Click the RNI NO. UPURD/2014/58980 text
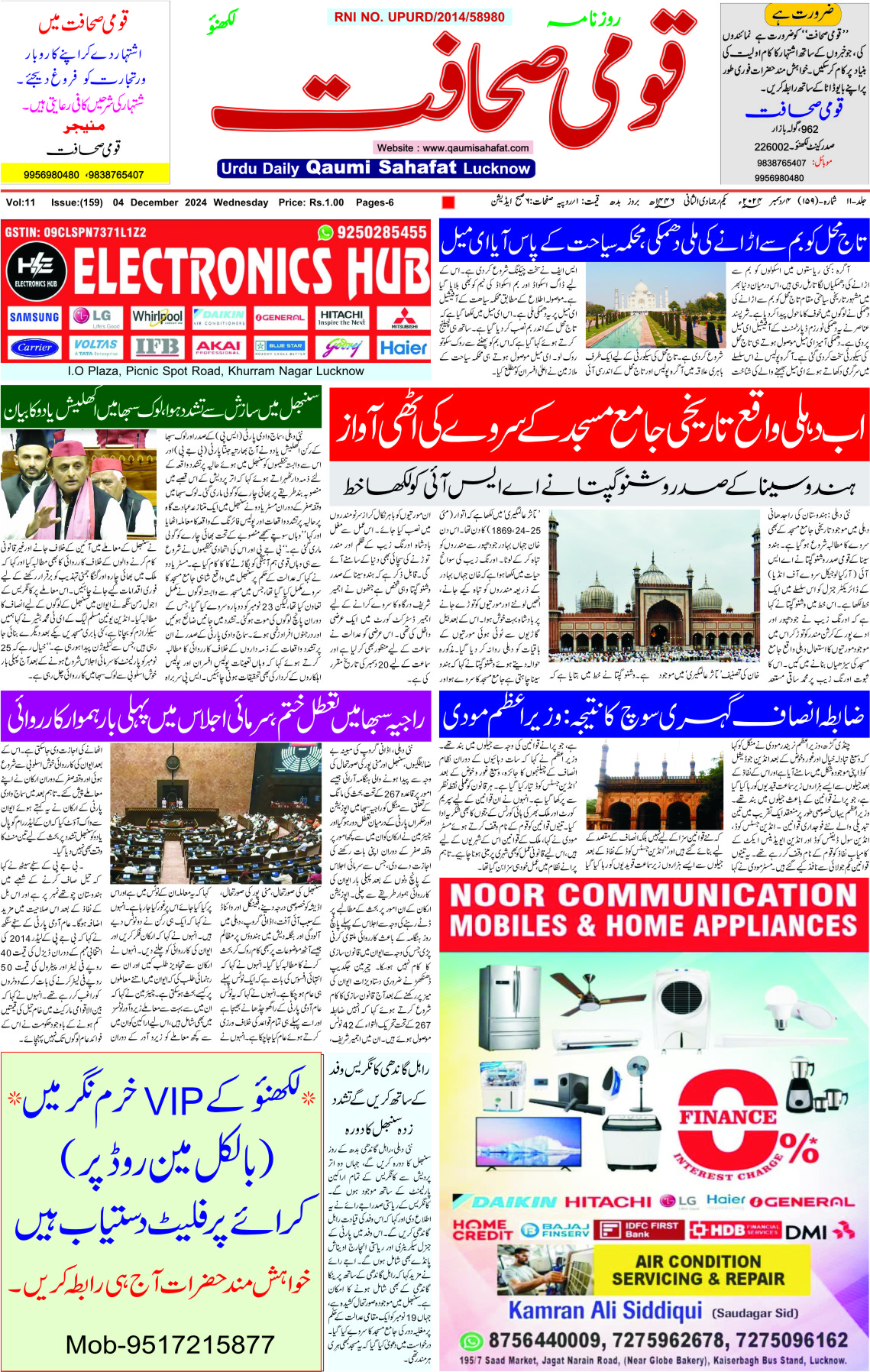coord(419,17)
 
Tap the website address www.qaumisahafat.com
coord(452,147)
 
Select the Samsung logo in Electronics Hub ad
coord(34,317)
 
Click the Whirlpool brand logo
coord(157,317)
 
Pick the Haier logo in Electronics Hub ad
coord(403,348)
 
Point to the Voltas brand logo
coord(95,347)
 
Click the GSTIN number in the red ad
coord(76,232)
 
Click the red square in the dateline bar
coord(448,202)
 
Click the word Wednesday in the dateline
coord(241,202)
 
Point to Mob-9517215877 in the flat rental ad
coord(170,1344)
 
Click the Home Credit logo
coord(483,1229)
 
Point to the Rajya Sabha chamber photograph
coord(216,814)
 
